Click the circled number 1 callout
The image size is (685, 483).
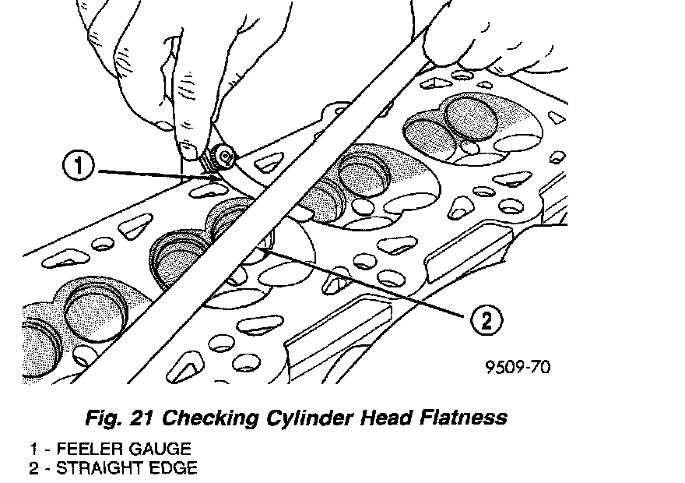click(x=81, y=166)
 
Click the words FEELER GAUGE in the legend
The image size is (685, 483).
click(x=124, y=450)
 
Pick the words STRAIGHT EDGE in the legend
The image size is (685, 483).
click(x=128, y=468)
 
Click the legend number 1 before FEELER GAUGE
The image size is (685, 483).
click(x=33, y=450)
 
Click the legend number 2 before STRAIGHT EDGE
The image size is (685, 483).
click(x=33, y=468)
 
